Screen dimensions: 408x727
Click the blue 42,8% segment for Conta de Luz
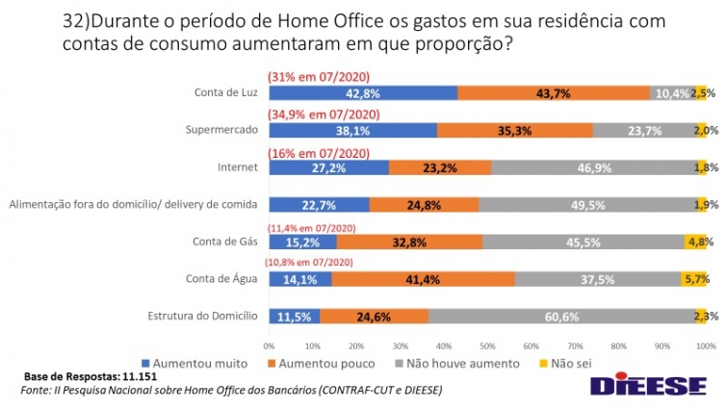pyautogui.click(x=363, y=93)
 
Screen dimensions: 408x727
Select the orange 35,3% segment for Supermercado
pyautogui.click(x=514, y=130)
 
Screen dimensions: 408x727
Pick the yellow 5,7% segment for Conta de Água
pyautogui.click(x=694, y=278)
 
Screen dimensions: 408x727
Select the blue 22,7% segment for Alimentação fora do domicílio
pyautogui.click(x=319, y=204)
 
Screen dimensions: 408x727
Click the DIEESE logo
pyautogui.click(x=647, y=386)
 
